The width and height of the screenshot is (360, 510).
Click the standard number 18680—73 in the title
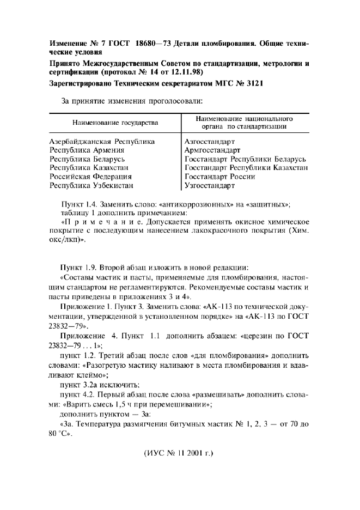tap(147, 44)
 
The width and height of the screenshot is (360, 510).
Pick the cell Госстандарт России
tap(220, 177)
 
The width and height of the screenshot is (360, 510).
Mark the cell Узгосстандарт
tap(210, 185)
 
